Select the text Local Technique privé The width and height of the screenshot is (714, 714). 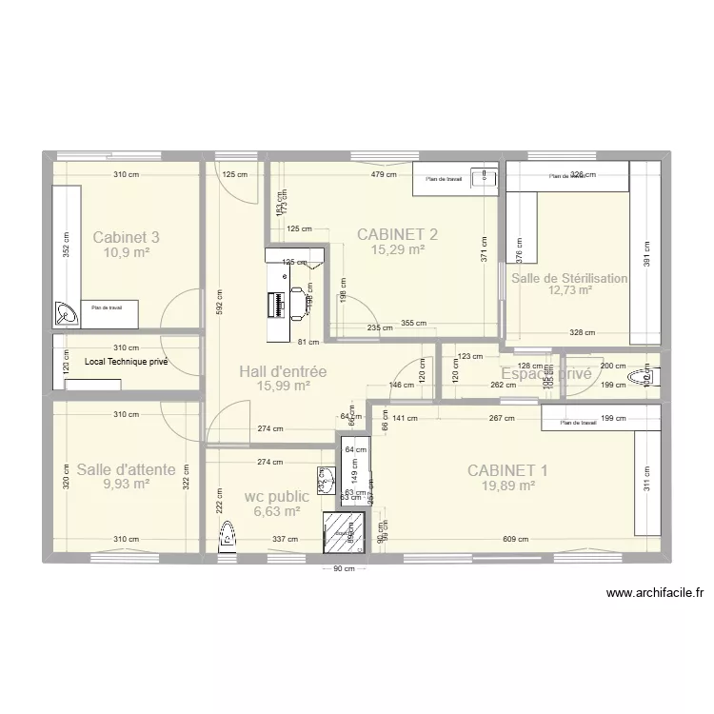coord(119,362)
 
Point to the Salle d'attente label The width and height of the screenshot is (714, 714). coord(126,468)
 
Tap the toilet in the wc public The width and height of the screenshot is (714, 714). coord(228,538)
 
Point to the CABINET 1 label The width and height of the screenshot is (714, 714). coord(507,468)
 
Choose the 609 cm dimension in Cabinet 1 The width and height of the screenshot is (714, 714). coord(515,540)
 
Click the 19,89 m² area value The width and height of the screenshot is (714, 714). coord(507,485)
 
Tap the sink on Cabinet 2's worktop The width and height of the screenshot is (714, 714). coord(487,176)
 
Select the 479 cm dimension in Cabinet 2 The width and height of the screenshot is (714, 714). coord(383,175)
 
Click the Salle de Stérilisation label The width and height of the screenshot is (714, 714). coord(569,278)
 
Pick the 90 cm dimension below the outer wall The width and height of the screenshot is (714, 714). coord(344,569)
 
